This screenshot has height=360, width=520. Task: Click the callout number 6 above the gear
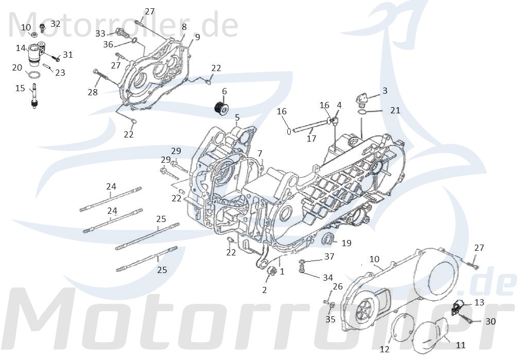[224, 92]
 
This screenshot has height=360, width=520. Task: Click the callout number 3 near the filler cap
[385, 91]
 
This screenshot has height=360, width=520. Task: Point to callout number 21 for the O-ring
[394, 110]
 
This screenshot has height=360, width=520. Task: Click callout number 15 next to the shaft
[20, 89]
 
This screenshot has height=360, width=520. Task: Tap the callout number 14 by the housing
[21, 48]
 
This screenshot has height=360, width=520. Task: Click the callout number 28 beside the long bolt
[92, 92]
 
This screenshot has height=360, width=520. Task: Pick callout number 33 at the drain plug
[100, 33]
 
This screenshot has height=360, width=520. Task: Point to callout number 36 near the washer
[108, 44]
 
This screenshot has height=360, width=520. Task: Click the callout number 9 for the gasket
[197, 37]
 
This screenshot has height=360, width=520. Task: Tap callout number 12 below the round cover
[385, 349]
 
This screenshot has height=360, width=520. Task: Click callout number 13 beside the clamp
[479, 302]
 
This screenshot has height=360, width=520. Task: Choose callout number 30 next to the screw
[490, 321]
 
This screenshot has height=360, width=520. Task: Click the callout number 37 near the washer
[329, 256]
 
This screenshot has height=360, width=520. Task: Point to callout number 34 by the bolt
[327, 278]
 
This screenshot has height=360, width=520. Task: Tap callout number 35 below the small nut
[330, 319]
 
